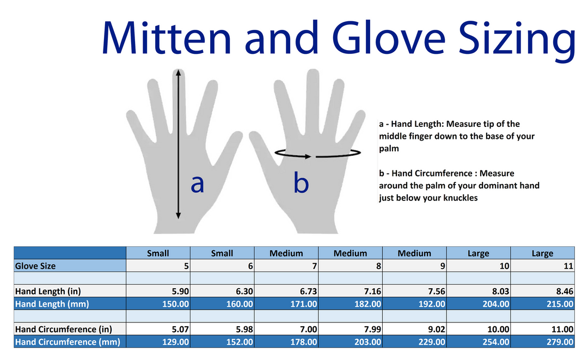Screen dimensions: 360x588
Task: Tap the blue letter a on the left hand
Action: [x=197, y=184]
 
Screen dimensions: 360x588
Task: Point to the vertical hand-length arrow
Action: [x=178, y=136]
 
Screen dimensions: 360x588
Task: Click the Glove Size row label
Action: [x=35, y=266]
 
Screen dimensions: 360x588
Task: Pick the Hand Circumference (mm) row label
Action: [x=68, y=342]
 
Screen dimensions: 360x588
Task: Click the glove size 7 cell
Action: [x=286, y=266]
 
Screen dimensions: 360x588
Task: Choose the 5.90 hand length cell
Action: [x=159, y=291]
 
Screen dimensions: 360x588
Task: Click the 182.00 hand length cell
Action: [x=351, y=304]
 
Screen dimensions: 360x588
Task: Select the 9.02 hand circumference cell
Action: [x=414, y=330]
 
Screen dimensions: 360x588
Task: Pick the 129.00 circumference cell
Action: [x=159, y=342]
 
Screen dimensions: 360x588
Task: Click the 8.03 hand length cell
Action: [x=479, y=291]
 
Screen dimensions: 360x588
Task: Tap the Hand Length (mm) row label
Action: [x=51, y=304]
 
